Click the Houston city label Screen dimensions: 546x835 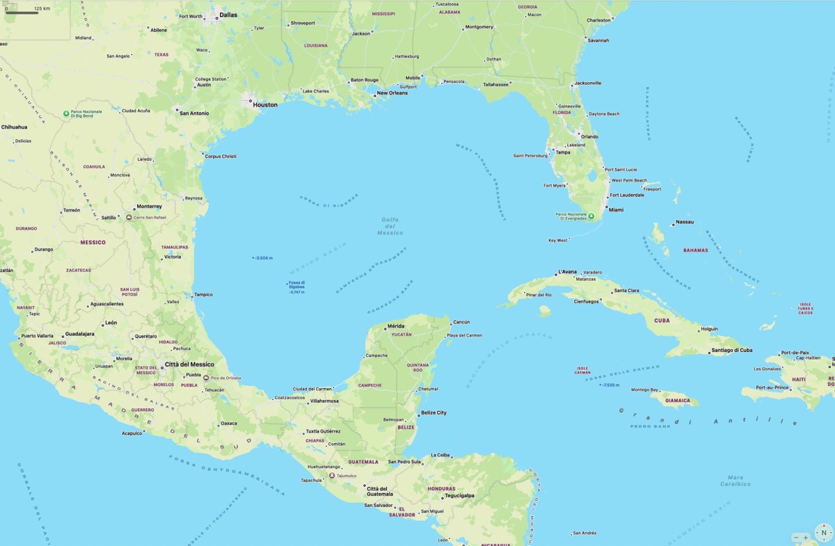coord(264,105)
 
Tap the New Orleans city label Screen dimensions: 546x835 coord(392,93)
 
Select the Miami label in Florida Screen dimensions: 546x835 coord(616,209)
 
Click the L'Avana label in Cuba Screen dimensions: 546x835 coord(568,272)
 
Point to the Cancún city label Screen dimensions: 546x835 coord(461,322)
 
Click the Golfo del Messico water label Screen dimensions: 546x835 coord(390,226)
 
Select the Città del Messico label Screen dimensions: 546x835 coord(189,364)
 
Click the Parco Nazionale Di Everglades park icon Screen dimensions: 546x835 coord(591,216)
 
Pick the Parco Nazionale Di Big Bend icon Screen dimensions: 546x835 coord(66,113)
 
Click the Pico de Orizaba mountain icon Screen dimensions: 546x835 coord(206,378)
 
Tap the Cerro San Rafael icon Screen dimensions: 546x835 coord(129,218)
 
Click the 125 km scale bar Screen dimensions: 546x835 coord(28,10)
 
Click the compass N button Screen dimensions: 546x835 coord(824,533)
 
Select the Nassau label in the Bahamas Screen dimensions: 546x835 coord(685,223)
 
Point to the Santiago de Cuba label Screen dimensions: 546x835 coord(731,351)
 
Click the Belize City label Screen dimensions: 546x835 coord(434,413)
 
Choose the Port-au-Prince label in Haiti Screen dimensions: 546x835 coord(772,387)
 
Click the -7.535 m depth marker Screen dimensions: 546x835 coord(610,385)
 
